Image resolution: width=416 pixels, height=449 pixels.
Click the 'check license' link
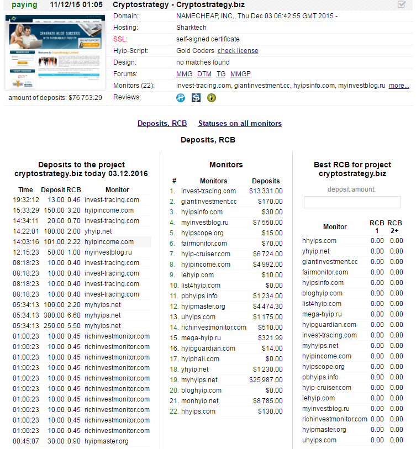[x=238, y=51]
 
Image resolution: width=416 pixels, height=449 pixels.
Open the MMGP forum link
[x=240, y=74]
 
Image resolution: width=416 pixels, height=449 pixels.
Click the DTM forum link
[x=204, y=74]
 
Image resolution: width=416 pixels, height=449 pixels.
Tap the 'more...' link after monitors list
[x=399, y=86]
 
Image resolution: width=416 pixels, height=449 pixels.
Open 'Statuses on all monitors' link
[x=240, y=124]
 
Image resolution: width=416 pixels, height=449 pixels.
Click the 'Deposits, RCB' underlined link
[x=162, y=124]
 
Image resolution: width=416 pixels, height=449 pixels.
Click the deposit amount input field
[x=352, y=202]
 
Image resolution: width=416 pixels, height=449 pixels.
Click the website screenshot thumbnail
[x=55, y=53]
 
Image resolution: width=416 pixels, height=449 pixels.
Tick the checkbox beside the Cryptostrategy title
[x=402, y=4]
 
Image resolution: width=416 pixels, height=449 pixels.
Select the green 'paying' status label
[x=24, y=5]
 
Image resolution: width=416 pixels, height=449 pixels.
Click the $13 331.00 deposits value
[x=266, y=191]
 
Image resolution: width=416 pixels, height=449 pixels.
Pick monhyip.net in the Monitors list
[x=199, y=401]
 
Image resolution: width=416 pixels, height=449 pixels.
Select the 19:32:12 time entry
[x=26, y=200]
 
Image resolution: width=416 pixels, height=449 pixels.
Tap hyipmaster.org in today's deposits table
[x=107, y=441]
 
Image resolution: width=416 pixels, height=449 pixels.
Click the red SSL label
[x=120, y=39]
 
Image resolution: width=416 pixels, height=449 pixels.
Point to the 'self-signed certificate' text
[x=208, y=39]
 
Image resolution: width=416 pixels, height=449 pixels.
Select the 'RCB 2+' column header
[x=395, y=227]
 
